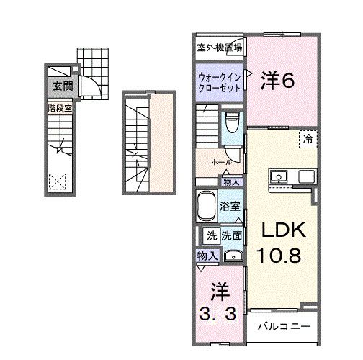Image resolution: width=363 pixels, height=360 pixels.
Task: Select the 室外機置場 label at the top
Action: point(219,48)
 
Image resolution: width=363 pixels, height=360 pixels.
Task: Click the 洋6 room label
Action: point(277,81)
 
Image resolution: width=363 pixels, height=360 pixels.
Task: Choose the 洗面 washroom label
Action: point(231,235)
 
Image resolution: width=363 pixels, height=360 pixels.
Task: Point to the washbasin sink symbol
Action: point(232,256)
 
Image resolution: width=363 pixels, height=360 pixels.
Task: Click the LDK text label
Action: point(283,230)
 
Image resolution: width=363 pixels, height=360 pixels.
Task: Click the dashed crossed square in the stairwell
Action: point(56,181)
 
